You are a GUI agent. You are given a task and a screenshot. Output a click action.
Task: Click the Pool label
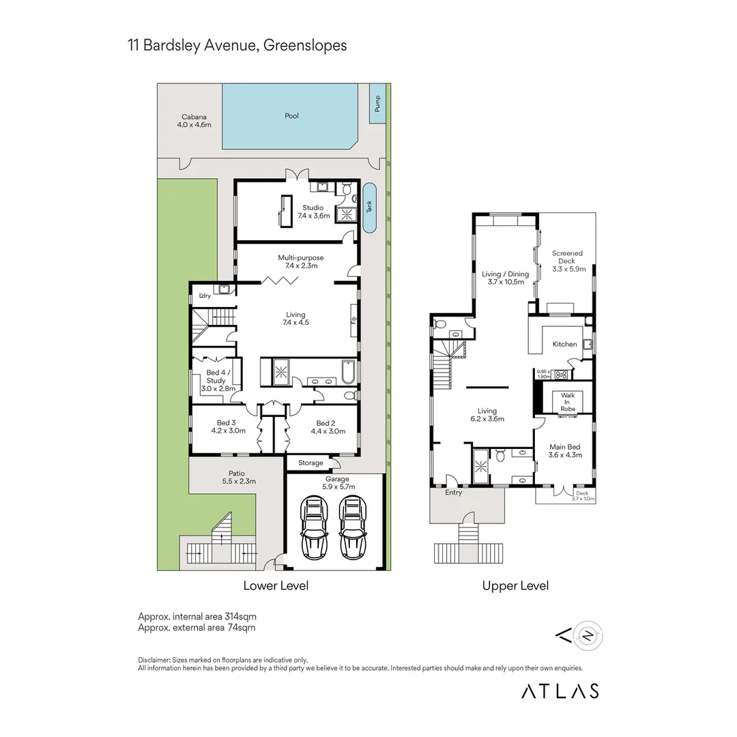[x=291, y=116]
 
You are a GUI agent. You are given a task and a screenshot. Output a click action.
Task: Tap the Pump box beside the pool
[x=377, y=104]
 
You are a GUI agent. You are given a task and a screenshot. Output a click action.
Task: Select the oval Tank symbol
[x=369, y=207]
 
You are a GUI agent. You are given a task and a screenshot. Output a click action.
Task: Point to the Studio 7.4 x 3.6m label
[x=313, y=212]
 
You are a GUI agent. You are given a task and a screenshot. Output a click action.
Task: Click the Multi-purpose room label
[x=300, y=262]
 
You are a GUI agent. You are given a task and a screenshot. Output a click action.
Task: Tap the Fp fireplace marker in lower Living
[x=353, y=319]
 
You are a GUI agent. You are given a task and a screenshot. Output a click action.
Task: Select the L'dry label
[x=204, y=295]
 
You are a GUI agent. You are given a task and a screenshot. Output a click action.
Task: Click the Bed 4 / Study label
[x=219, y=380]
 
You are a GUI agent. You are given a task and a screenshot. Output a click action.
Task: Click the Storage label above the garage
[x=310, y=463]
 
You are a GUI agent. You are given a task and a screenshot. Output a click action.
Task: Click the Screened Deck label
[x=566, y=261]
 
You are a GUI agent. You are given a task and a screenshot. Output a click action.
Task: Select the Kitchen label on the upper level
[x=564, y=345]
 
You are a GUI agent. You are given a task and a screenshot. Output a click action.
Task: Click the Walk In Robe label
[x=568, y=402]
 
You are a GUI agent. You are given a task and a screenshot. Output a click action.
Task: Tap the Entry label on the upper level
[x=453, y=493]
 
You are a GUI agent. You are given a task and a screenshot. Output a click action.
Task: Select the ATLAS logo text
[x=560, y=691]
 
